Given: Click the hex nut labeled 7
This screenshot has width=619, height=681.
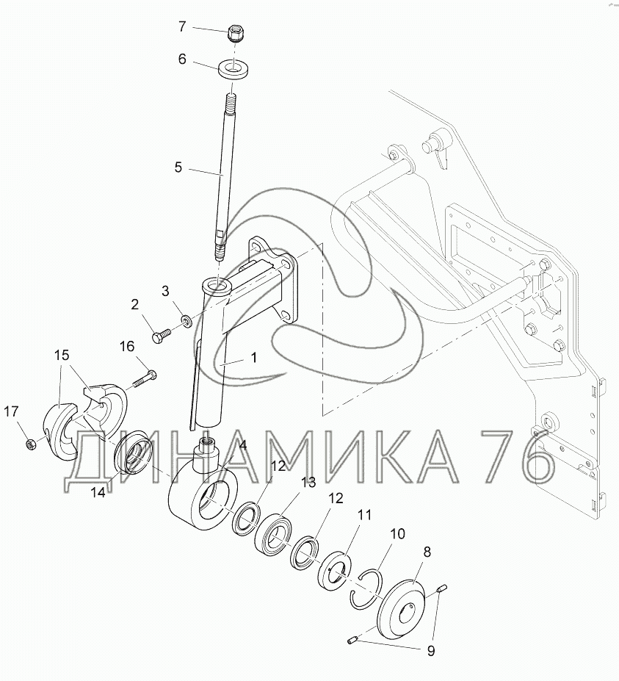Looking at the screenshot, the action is coord(235,34).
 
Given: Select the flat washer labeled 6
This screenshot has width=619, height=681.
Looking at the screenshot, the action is coord(234,70).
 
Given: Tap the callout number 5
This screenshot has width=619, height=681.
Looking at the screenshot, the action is coord(178,167).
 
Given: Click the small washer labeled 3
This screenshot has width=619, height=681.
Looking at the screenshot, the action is coord(187,321).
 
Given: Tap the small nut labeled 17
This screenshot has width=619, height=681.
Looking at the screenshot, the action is coord(30,444).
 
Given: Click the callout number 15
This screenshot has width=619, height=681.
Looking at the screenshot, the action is coord(62,356).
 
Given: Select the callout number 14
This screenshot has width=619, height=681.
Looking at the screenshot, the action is coord(98,493).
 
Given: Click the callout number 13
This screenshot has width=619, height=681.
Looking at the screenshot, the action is coord(308,483).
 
